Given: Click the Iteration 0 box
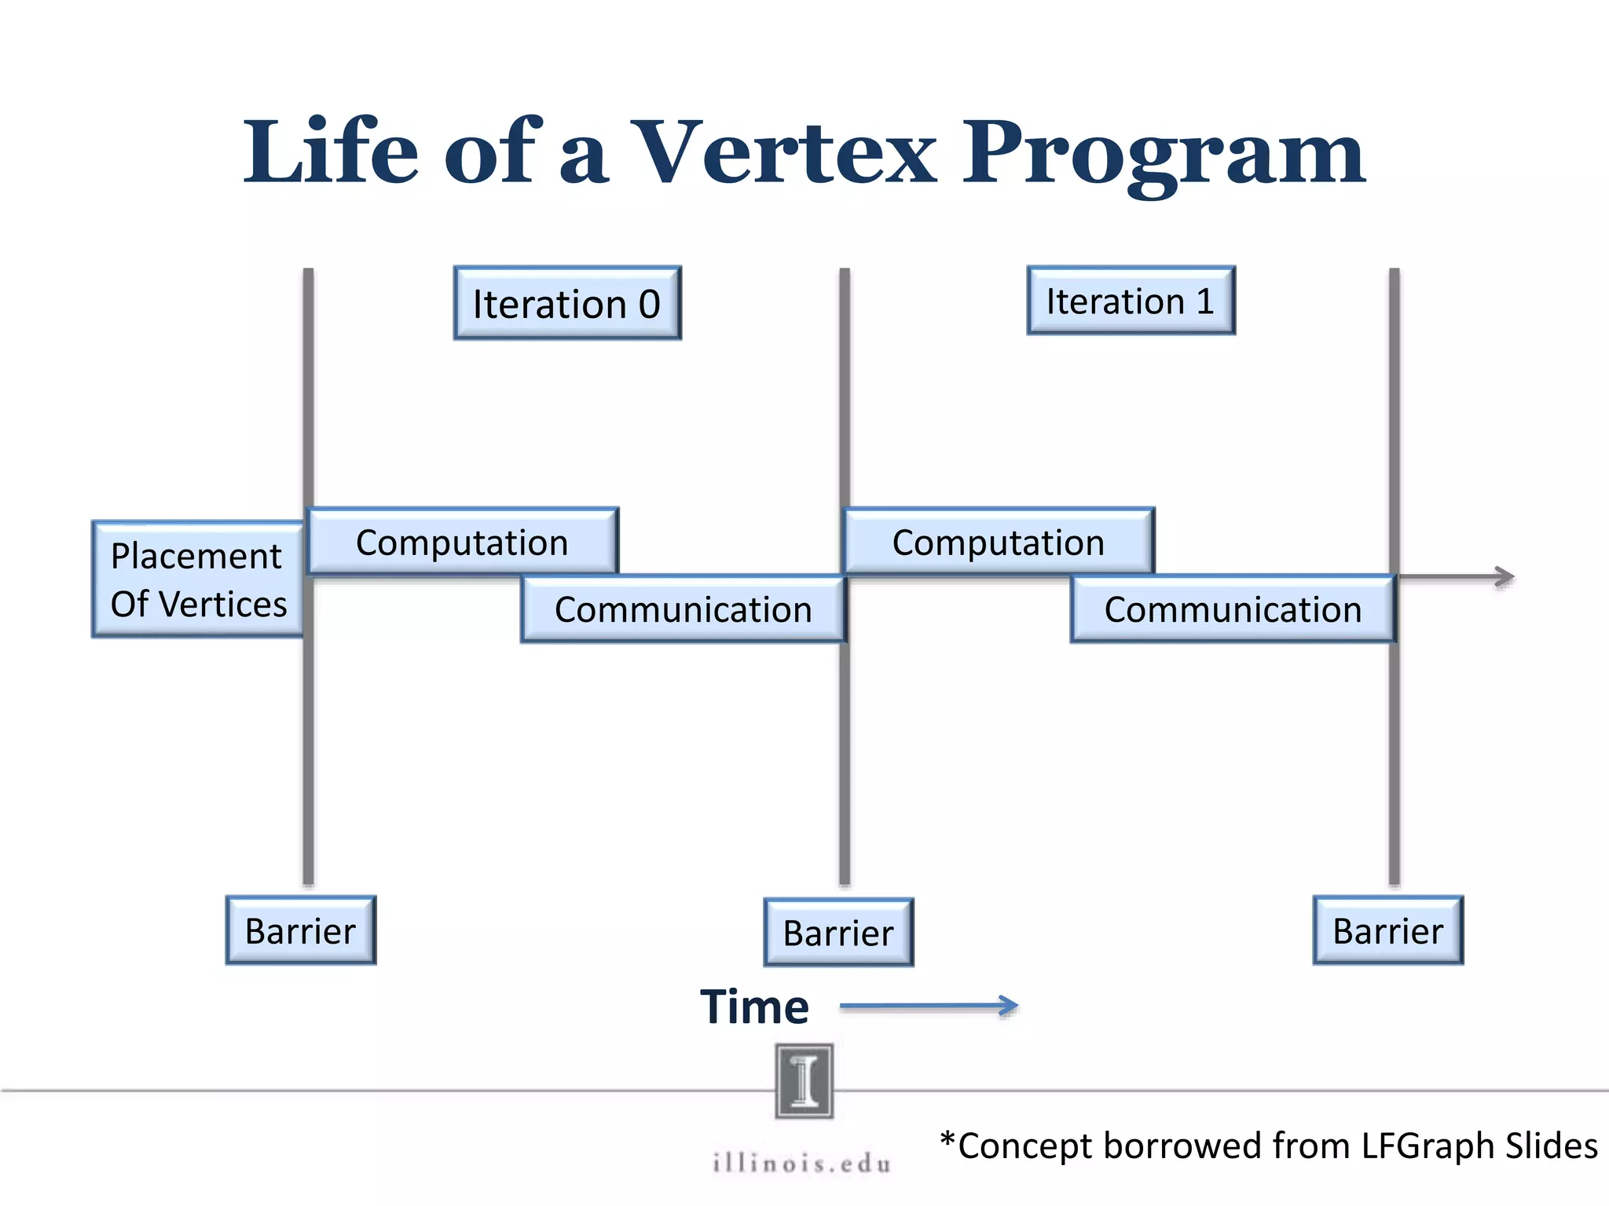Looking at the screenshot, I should [567, 303].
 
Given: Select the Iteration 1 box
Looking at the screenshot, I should [1131, 301].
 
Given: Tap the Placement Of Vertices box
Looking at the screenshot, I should [198, 579].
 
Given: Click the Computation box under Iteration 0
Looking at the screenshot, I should [463, 542].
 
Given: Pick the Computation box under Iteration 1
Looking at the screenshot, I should [999, 542].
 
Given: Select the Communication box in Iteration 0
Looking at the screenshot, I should [683, 609].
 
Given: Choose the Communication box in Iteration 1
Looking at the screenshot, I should [1233, 609].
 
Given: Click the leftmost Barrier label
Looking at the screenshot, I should [300, 930].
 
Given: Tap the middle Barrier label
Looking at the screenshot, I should [838, 933].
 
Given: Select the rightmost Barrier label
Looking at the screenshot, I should [1388, 930].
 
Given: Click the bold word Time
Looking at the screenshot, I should [754, 1007].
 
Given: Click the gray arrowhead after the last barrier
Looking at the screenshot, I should [1502, 577].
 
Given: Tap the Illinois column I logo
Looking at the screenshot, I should [804, 1081].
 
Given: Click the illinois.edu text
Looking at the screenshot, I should [802, 1163].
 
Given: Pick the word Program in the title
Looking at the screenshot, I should [1164, 153].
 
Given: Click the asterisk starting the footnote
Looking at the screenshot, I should [947, 1140].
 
